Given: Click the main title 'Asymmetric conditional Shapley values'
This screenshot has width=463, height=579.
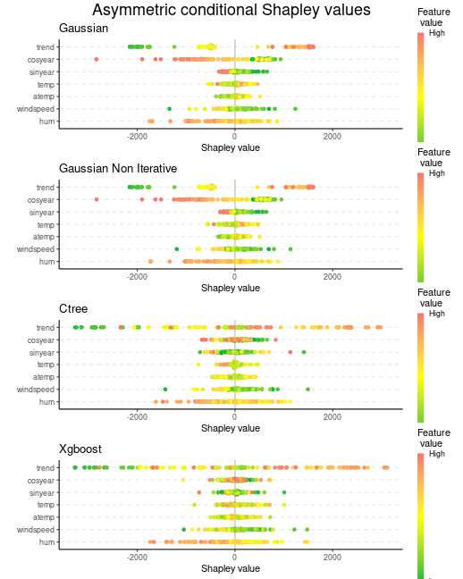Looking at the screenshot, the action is [231, 10].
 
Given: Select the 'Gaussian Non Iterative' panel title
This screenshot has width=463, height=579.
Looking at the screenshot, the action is [118, 168].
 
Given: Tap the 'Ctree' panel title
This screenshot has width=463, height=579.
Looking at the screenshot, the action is [73, 308].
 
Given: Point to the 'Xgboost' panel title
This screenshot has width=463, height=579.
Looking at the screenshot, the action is [80, 449].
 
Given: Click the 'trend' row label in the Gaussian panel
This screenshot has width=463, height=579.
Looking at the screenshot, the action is [46, 47].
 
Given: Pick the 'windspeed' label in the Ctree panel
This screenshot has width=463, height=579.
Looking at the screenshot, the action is [36, 390].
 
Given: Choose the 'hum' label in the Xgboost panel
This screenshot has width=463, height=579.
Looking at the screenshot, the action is [47, 542].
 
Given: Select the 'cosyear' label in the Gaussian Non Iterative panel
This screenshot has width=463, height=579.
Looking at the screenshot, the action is [40, 200].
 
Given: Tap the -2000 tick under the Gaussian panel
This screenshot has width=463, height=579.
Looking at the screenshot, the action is [137, 136].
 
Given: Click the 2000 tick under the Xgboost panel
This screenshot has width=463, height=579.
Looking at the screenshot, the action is [333, 558].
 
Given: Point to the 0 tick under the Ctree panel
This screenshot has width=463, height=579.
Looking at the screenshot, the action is [235, 417].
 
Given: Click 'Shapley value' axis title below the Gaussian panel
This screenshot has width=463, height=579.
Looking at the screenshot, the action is [231, 147].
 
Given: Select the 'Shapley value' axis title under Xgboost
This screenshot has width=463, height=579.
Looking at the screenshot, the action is [231, 568].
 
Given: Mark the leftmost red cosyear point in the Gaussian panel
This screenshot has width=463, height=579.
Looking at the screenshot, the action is [97, 59].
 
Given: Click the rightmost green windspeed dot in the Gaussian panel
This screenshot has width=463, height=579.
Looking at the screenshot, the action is [295, 109].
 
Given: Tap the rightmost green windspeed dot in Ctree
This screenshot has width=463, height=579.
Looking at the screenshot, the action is [307, 390].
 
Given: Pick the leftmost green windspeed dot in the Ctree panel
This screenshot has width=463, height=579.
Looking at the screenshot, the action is [165, 390].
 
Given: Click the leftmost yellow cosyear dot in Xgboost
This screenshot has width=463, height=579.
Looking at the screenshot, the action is [183, 480].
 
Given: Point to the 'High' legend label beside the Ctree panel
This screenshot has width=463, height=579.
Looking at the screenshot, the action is [437, 314].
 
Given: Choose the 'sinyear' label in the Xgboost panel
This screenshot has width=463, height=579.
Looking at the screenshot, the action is [42, 493].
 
